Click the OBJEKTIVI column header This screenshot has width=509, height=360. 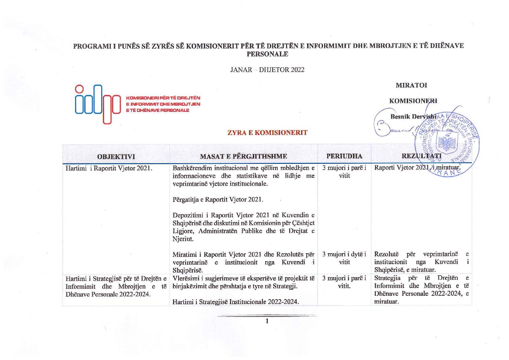116,157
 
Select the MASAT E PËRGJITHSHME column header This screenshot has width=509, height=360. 243,156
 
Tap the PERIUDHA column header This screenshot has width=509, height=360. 344,156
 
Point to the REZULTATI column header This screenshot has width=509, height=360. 421,156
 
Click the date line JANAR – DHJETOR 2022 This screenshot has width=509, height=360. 267,70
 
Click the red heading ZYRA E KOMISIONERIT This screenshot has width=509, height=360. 267,133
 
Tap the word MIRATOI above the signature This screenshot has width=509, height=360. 411,85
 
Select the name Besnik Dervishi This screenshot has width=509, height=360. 413,117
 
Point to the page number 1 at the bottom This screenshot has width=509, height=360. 267,321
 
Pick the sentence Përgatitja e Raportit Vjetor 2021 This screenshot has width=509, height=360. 218,200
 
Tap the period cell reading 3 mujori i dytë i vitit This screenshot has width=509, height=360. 344,258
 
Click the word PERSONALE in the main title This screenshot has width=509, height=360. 267,54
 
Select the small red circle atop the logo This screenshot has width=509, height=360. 80,89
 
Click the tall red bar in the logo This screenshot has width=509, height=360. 107,110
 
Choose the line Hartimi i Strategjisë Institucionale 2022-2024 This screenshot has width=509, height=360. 235,302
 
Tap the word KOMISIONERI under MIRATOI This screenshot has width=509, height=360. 413,101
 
